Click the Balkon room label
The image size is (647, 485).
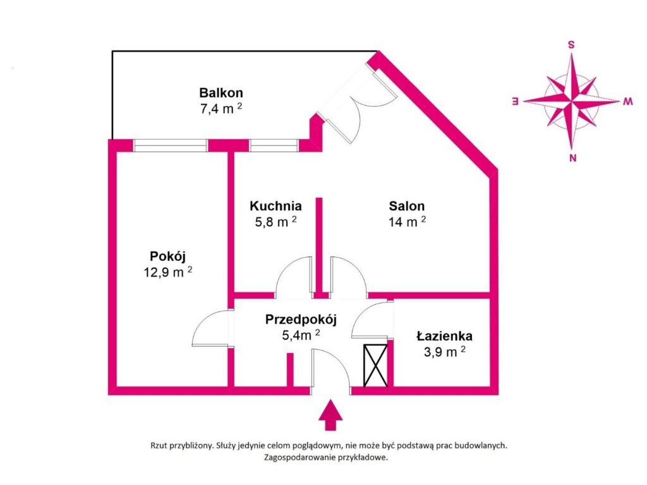[221, 92]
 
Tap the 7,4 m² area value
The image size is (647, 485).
[221, 109]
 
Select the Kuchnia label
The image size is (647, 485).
[275, 205]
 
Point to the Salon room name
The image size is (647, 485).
[406, 206]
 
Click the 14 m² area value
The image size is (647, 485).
[407, 222]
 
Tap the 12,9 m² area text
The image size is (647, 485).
[167, 272]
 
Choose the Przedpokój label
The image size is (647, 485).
[301, 319]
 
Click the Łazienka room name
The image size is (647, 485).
[444, 336]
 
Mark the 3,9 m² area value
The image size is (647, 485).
[444, 352]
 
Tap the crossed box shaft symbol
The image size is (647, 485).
[375, 366]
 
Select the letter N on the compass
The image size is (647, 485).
[572, 157]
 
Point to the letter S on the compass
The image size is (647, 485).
[571, 45]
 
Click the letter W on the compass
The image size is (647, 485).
[627, 101]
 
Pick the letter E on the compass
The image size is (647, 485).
[515, 101]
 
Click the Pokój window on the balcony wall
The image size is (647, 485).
[170, 146]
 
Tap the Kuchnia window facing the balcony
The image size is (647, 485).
[274, 146]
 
